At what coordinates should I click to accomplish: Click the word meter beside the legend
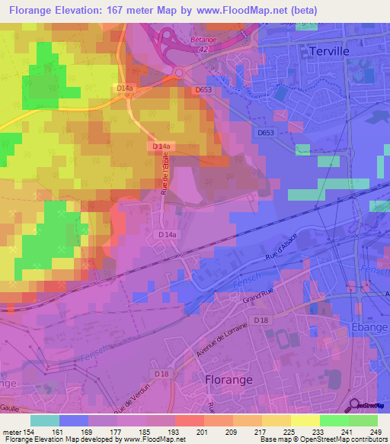tap(11, 431)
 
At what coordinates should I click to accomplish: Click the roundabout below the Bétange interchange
tap(178, 72)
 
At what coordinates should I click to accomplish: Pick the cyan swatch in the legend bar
tap(45, 420)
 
